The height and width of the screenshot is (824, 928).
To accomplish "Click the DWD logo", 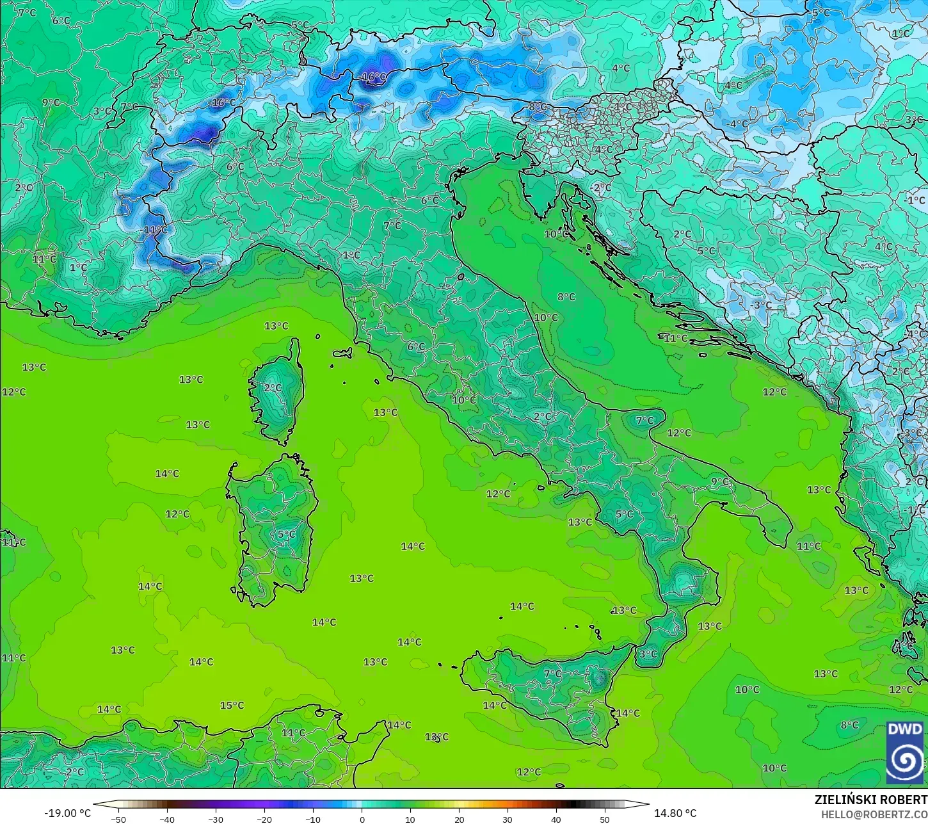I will click(x=905, y=752).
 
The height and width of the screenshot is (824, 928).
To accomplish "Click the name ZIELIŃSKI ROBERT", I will click(x=870, y=800).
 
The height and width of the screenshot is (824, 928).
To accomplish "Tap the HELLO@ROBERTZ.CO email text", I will click(x=874, y=814).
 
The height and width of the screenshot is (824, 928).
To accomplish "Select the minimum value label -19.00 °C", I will click(x=67, y=813).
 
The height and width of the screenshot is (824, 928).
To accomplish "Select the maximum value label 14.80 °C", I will click(x=675, y=813).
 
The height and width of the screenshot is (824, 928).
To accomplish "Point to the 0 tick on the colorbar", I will click(x=362, y=819).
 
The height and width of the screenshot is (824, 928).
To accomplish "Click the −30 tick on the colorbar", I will click(x=216, y=819).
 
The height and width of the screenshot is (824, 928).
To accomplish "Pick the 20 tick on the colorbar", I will click(x=459, y=819).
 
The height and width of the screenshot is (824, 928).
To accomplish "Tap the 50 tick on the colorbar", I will click(x=605, y=819).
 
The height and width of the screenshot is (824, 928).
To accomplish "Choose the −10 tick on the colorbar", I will click(x=313, y=819).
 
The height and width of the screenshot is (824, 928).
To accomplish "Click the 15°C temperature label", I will click(x=232, y=706).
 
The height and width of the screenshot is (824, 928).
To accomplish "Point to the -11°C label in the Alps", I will click(x=154, y=230).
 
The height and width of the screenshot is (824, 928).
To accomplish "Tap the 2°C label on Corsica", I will click(x=273, y=388).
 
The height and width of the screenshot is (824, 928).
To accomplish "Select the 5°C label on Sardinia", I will click(x=286, y=535).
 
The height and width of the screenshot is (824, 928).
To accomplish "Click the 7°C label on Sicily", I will click(x=552, y=674).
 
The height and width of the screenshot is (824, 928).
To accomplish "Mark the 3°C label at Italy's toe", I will click(x=648, y=654).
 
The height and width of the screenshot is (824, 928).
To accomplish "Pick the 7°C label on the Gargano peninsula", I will click(x=644, y=421).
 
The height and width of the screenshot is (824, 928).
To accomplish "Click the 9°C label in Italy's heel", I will click(x=719, y=482).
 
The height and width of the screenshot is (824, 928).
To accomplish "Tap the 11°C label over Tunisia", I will click(x=293, y=733).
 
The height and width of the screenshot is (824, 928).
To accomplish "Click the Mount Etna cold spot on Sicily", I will click(x=599, y=679).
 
